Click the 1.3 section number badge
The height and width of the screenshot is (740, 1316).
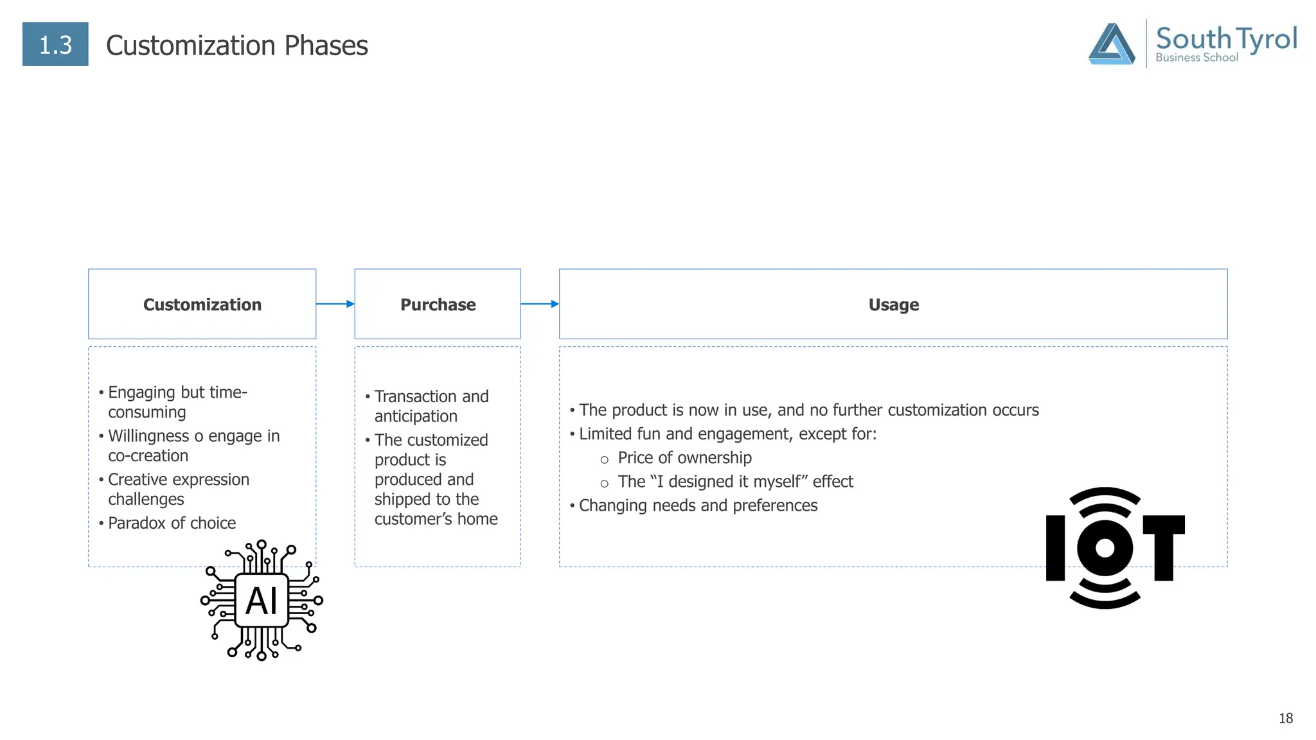(x=55, y=44)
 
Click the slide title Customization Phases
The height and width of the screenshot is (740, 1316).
(x=236, y=46)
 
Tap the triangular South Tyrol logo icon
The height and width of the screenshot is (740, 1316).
(x=1111, y=44)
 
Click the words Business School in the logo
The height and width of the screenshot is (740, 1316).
(x=1196, y=58)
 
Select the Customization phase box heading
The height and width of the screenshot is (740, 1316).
(x=202, y=304)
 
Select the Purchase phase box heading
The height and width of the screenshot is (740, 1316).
(x=438, y=304)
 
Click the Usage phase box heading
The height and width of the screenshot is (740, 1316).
(x=893, y=304)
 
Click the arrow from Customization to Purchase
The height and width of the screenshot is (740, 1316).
(x=335, y=304)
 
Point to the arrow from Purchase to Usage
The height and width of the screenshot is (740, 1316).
(x=540, y=304)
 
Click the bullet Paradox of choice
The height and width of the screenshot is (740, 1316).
(x=172, y=523)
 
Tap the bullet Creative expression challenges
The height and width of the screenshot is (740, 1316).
(x=178, y=489)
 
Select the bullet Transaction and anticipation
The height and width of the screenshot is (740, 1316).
(x=431, y=406)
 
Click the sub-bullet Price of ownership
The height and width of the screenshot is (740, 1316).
(x=684, y=458)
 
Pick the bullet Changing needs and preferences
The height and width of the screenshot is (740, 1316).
(x=698, y=506)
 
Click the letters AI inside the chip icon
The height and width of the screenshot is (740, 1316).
(x=262, y=601)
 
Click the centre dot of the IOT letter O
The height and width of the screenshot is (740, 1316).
(x=1105, y=548)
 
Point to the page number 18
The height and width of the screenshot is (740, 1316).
(x=1285, y=718)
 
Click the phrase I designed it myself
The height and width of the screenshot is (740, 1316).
(x=736, y=482)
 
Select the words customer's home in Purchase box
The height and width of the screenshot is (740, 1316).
(x=436, y=519)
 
